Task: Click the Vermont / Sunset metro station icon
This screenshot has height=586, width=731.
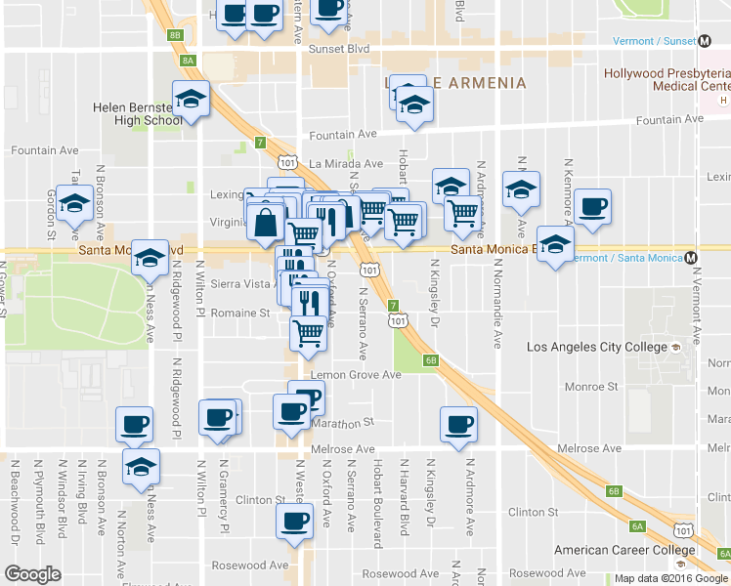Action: [x=705, y=41]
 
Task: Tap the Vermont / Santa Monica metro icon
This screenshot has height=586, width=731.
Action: [x=691, y=258]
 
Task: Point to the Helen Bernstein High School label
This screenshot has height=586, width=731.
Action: [x=136, y=114]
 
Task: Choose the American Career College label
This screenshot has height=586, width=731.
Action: [x=617, y=550]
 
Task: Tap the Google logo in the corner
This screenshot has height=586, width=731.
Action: [x=32, y=574]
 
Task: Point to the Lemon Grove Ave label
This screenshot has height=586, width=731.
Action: [x=356, y=374]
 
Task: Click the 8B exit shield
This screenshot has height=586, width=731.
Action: [x=175, y=35]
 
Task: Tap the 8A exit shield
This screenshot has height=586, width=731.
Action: [x=189, y=60]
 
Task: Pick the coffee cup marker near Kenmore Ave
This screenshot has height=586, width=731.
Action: [x=592, y=207]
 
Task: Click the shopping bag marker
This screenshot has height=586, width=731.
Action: [x=265, y=222]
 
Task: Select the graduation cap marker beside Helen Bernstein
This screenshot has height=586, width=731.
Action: [x=191, y=99]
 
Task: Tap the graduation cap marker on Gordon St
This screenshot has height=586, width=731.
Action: [x=74, y=205]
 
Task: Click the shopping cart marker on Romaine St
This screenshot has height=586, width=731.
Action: [x=309, y=333]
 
